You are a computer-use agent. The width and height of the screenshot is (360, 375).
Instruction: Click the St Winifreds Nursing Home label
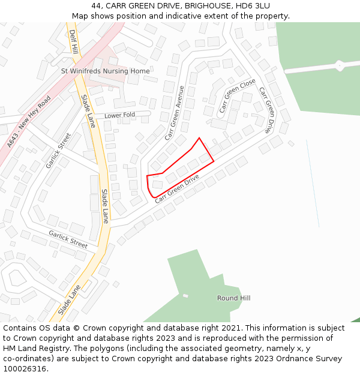pyautogui.click(x=106, y=71)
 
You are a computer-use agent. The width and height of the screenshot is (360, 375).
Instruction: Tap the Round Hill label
pyautogui.click(x=233, y=298)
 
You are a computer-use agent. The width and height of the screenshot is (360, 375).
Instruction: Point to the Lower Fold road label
pyautogui.click(x=119, y=115)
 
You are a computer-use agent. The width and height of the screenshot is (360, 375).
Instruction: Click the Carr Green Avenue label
pyautogui.click(x=175, y=113)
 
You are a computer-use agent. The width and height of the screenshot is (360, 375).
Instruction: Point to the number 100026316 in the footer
pyautogui.click(x=25, y=368)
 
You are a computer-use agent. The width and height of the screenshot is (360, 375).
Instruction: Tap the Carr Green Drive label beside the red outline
pyautogui.click(x=176, y=188)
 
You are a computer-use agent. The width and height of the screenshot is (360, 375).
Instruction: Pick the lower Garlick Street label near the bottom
pyautogui.click(x=68, y=239)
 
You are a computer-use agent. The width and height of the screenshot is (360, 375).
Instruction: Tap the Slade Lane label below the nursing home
pyautogui.click(x=88, y=111)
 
